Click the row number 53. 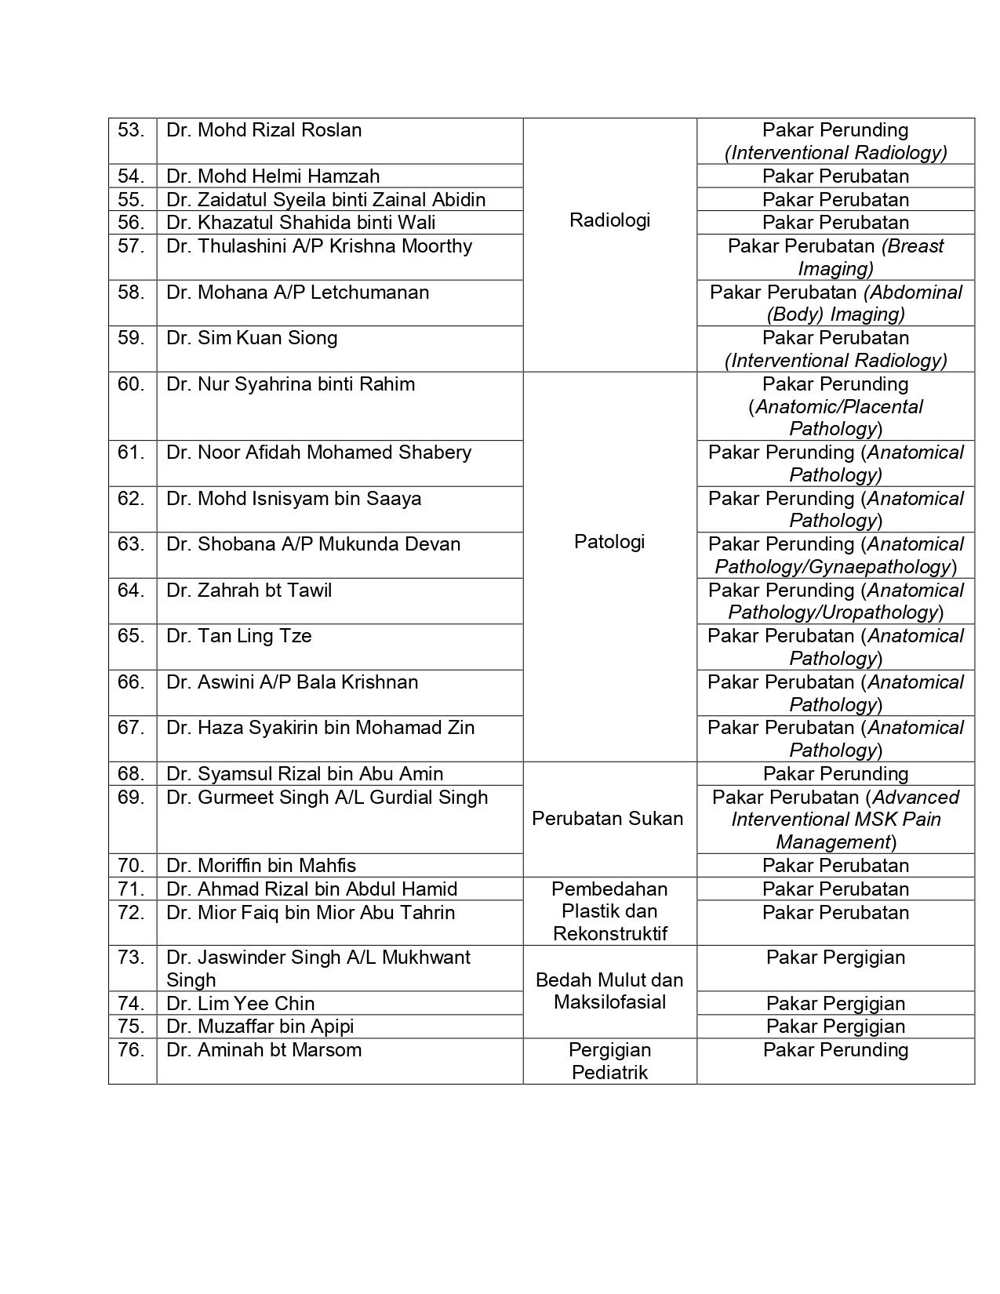(x=131, y=130)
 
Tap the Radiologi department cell (x=609, y=220)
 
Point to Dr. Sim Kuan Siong (x=252, y=338)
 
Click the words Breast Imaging (x=871, y=257)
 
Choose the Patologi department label (x=609, y=542)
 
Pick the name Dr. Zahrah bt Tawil (x=249, y=591)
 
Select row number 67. (x=131, y=728)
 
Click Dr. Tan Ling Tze (x=239, y=636)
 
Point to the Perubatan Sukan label (x=608, y=819)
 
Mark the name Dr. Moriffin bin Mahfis (x=261, y=866)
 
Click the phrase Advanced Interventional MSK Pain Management (x=836, y=820)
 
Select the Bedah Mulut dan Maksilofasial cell (x=609, y=991)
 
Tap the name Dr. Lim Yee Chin (x=240, y=1004)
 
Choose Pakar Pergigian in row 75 (x=835, y=1027)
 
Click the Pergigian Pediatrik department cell (x=609, y=1061)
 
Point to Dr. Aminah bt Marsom (x=264, y=1050)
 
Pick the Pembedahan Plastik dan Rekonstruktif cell (x=609, y=911)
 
